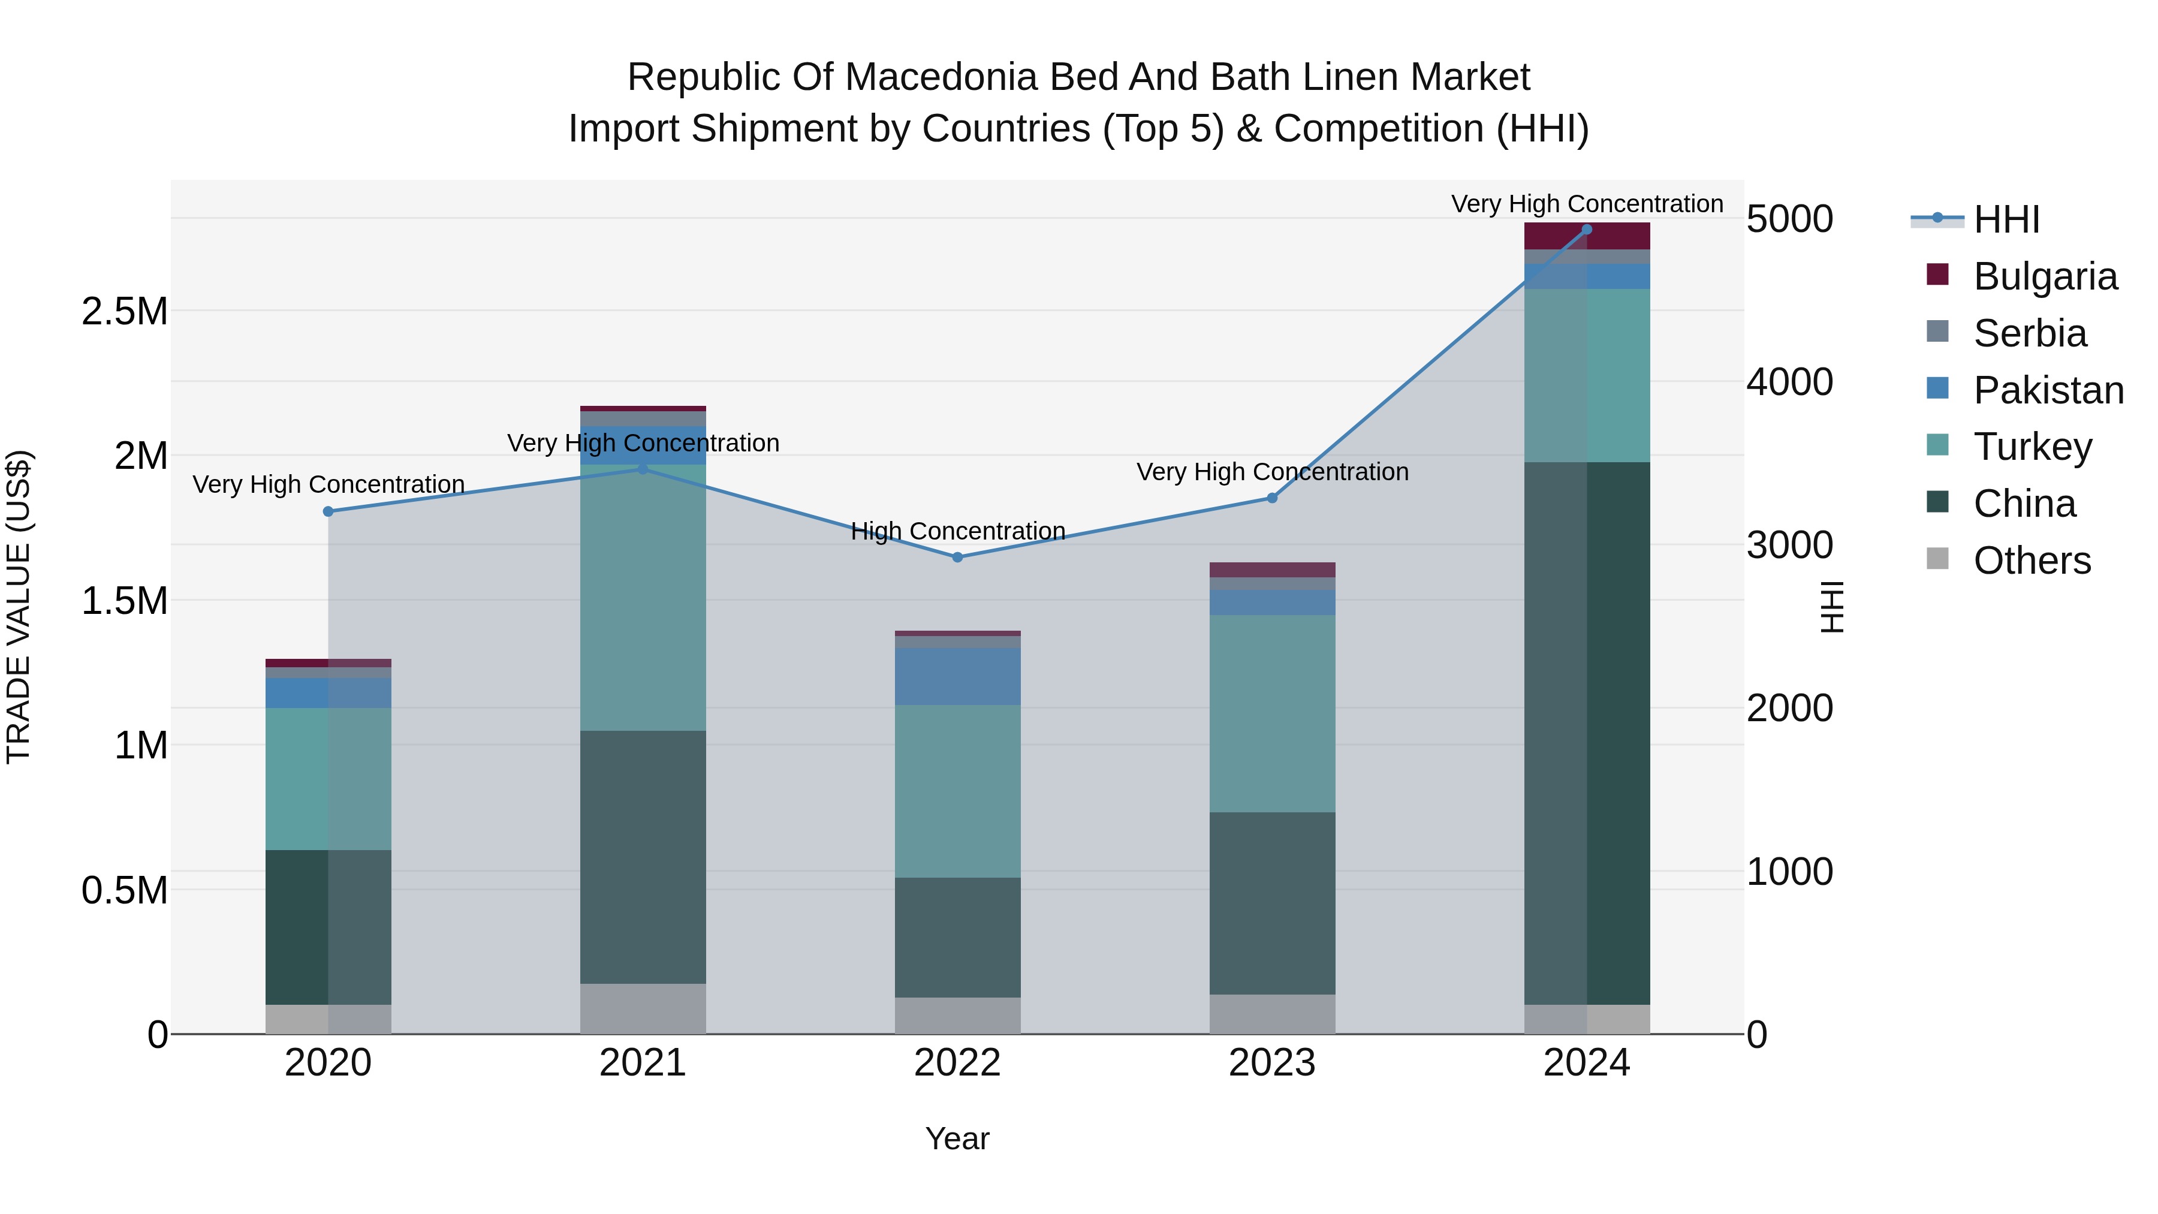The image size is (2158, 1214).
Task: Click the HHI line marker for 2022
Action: (x=957, y=557)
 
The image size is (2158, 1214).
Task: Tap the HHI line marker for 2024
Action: (x=1587, y=230)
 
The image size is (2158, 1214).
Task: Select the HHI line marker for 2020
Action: (x=328, y=511)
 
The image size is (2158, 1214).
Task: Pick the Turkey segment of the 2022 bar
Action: (x=957, y=791)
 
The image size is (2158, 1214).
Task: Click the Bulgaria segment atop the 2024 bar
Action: (x=1587, y=236)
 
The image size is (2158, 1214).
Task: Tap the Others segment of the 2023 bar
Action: (x=1271, y=1014)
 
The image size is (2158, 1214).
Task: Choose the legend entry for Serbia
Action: (x=2029, y=333)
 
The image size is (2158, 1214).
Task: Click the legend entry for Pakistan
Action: (x=2048, y=390)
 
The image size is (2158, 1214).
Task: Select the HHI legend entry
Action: (x=2006, y=219)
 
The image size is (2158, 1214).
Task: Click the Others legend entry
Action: (x=2031, y=561)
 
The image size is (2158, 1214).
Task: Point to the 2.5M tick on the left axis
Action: (x=125, y=312)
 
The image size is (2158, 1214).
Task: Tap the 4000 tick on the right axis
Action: (x=1789, y=382)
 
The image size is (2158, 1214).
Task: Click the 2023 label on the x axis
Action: (x=1271, y=1063)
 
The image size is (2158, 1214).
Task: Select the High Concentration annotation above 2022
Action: (x=957, y=531)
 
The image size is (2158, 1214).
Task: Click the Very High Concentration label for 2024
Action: (x=1587, y=204)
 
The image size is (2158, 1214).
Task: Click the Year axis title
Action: (x=957, y=1138)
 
